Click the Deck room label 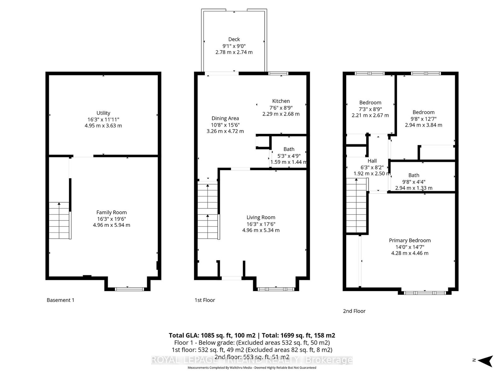tap(234, 39)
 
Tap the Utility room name tap(103, 113)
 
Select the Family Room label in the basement tap(112, 213)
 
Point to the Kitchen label tap(281, 101)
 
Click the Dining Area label tap(225, 118)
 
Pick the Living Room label tap(261, 217)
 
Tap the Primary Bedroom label tap(409, 240)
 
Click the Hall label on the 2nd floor tap(372, 161)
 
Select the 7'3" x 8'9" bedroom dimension tap(370, 109)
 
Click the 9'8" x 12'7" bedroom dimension tap(423, 119)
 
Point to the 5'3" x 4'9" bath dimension tap(289, 156)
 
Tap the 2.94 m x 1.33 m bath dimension tap(414, 188)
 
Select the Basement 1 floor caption tap(60, 300)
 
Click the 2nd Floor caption tap(354, 311)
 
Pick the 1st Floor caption tap(204, 300)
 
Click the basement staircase tap(59, 220)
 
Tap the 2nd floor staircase tap(356, 206)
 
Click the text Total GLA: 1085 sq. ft tap(200, 335)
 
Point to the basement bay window tap(129, 289)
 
